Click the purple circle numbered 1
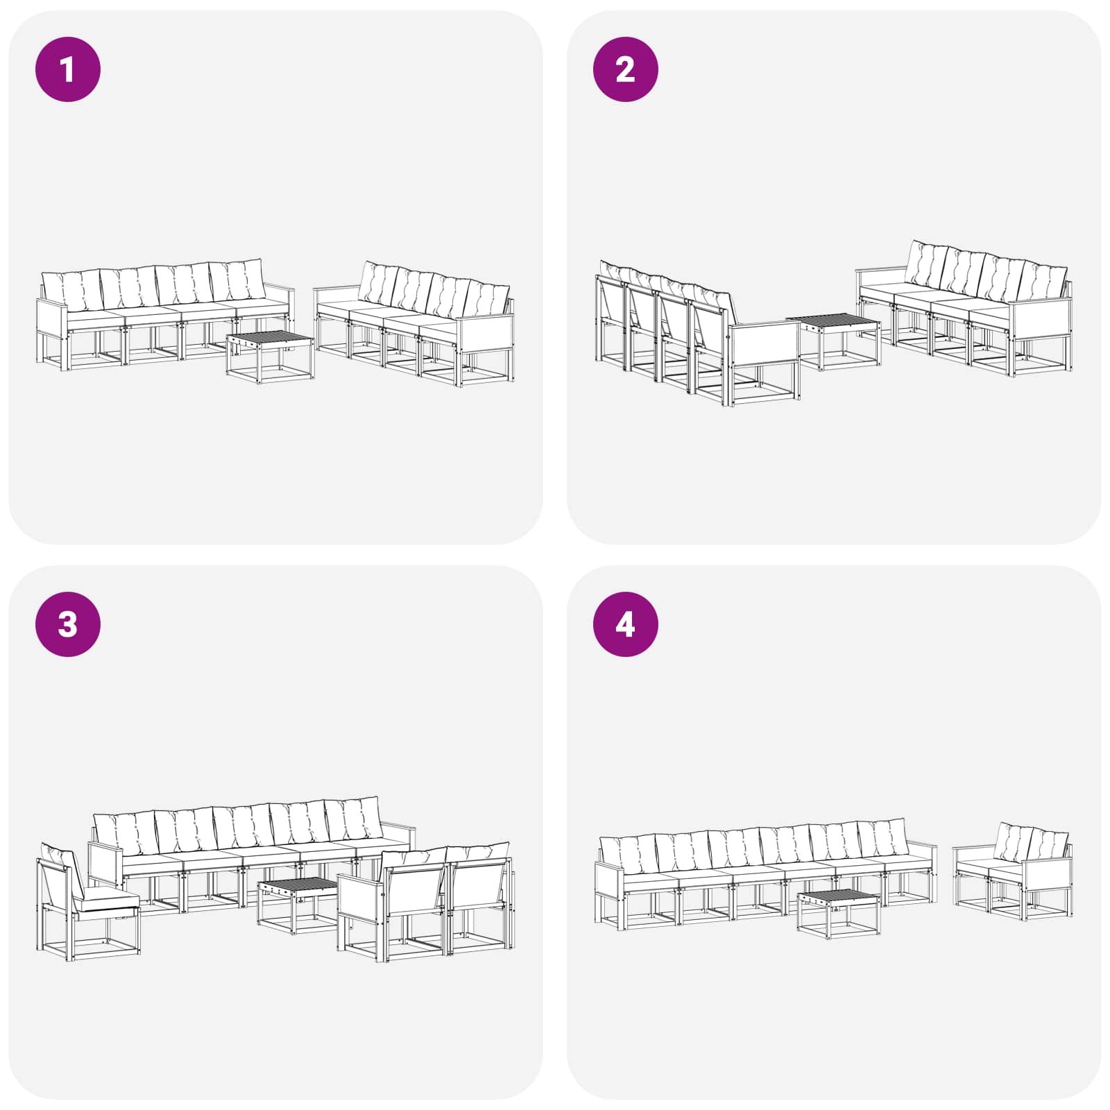pos(68,69)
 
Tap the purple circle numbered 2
pos(625,69)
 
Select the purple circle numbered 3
pos(68,624)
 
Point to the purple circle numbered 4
pos(625,624)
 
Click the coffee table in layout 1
pos(270,357)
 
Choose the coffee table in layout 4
pos(839,914)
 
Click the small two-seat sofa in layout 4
pos(1013,872)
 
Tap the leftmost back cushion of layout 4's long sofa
pos(630,855)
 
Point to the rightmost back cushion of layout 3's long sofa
pos(354,819)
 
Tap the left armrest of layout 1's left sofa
pos(53,305)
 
